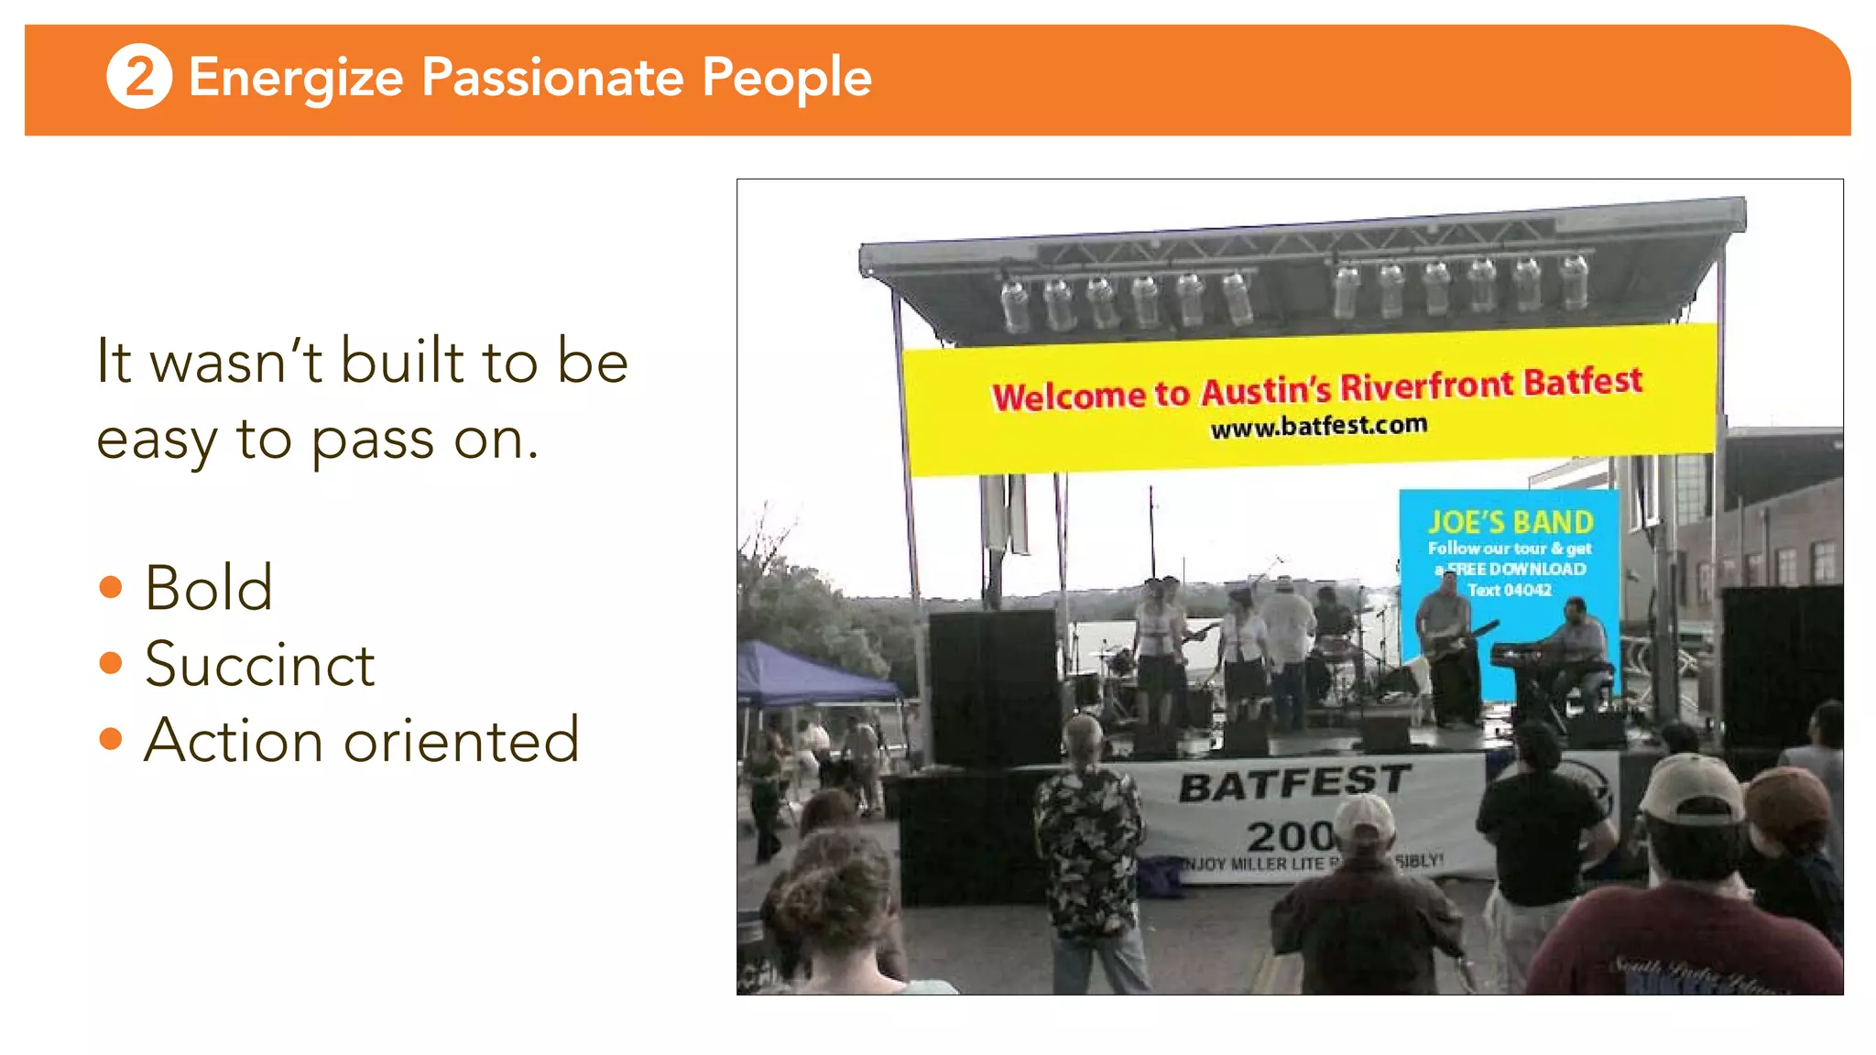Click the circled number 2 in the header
click(139, 76)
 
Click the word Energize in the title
click(296, 78)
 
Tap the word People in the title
click(787, 78)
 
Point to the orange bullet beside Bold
click(111, 586)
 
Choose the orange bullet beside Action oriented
click(111, 738)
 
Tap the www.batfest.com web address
click(1318, 426)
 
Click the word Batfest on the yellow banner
click(1583, 381)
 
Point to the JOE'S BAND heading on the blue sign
click(1511, 522)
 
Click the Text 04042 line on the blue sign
click(1510, 590)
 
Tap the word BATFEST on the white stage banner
click(1294, 783)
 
